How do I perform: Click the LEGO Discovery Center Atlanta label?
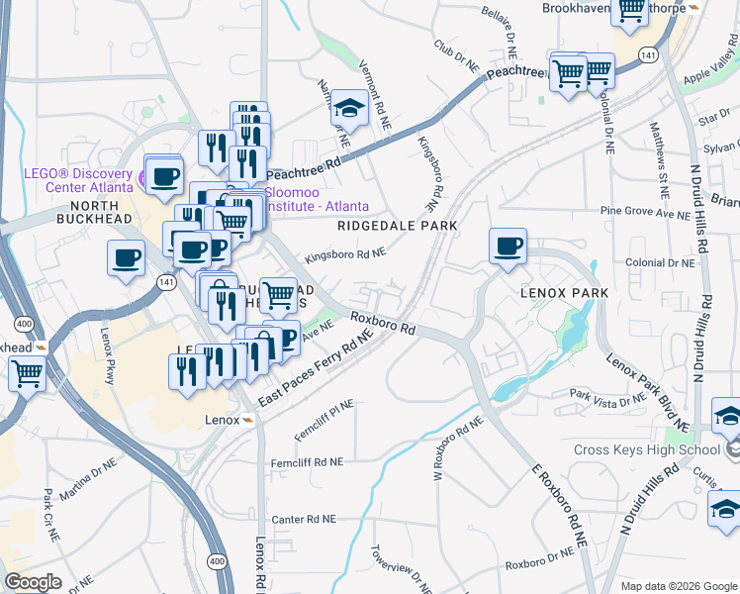pyautogui.click(x=78, y=178)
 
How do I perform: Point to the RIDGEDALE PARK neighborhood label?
pyautogui.click(x=397, y=226)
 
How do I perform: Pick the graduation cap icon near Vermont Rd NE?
pyautogui.click(x=349, y=107)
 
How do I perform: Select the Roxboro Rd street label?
pyautogui.click(x=382, y=324)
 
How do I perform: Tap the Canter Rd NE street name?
pyautogui.click(x=304, y=519)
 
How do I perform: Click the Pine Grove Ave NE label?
pyautogui.click(x=642, y=212)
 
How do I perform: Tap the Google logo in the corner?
pyautogui.click(x=33, y=582)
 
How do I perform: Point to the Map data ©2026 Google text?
pyautogui.click(x=671, y=585)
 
